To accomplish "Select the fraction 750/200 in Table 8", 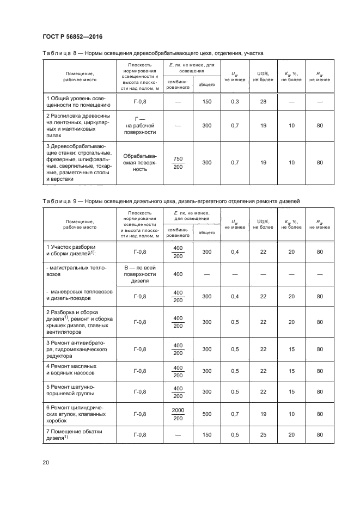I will [x=178, y=163].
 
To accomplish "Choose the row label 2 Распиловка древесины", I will [x=79, y=125].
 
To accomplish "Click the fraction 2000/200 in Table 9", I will [x=178, y=414].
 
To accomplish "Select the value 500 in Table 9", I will [x=207, y=414].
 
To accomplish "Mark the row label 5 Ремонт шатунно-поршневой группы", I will [x=79, y=392].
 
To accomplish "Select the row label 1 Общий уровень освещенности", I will [x=79, y=102].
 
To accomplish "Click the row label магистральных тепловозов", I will [x=79, y=272].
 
